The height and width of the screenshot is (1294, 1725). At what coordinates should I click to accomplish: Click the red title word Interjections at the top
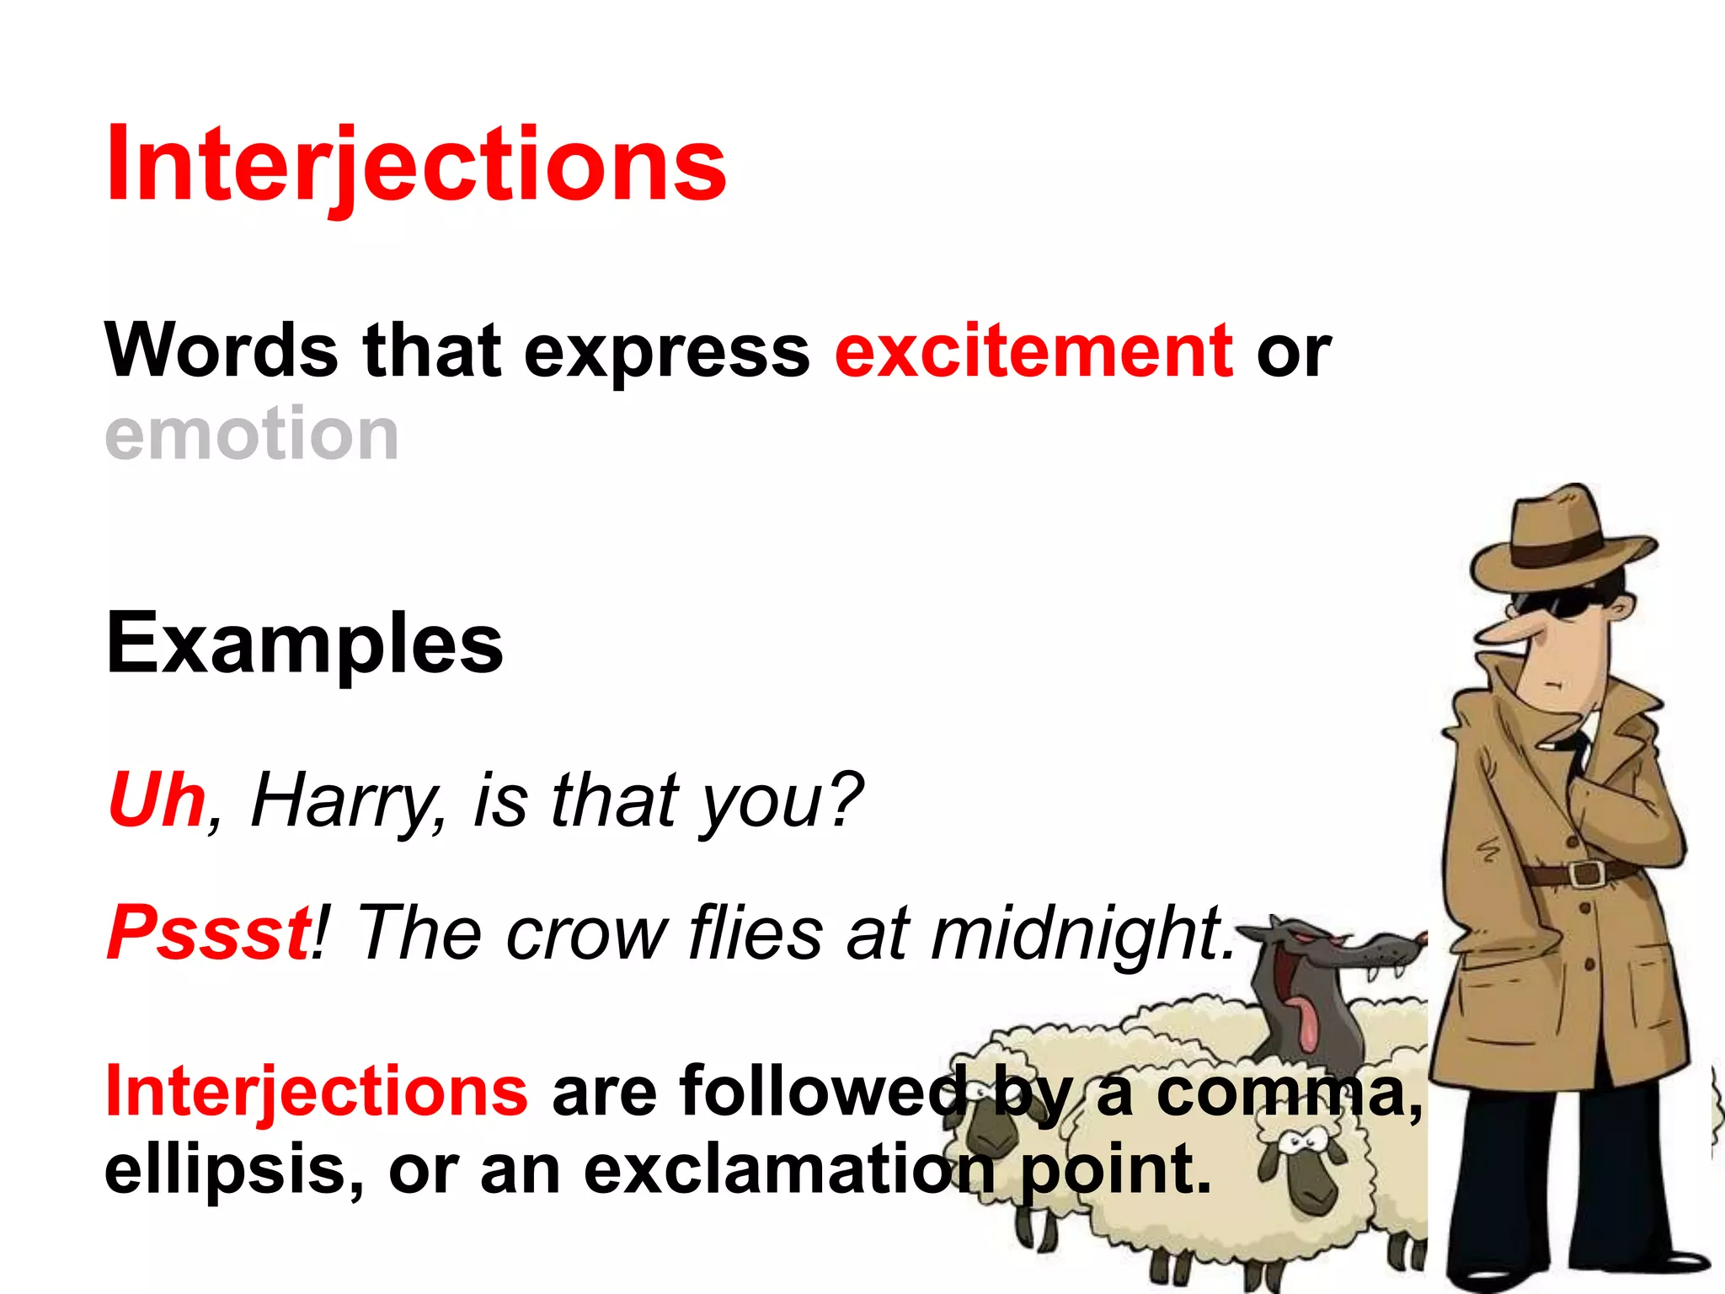(415, 164)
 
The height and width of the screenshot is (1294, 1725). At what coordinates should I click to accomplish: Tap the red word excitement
(1033, 351)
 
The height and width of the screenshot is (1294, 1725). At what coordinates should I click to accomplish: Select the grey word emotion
(251, 434)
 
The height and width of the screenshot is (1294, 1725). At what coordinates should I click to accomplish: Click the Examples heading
(304, 644)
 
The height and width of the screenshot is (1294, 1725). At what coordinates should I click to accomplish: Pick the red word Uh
(157, 800)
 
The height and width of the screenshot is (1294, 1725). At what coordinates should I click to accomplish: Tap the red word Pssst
(208, 933)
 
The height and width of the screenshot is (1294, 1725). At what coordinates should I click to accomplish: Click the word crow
(586, 935)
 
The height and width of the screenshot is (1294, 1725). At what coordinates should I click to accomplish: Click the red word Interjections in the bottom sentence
(316, 1092)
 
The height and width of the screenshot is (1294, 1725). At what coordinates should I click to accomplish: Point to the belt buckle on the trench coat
(1585, 873)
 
